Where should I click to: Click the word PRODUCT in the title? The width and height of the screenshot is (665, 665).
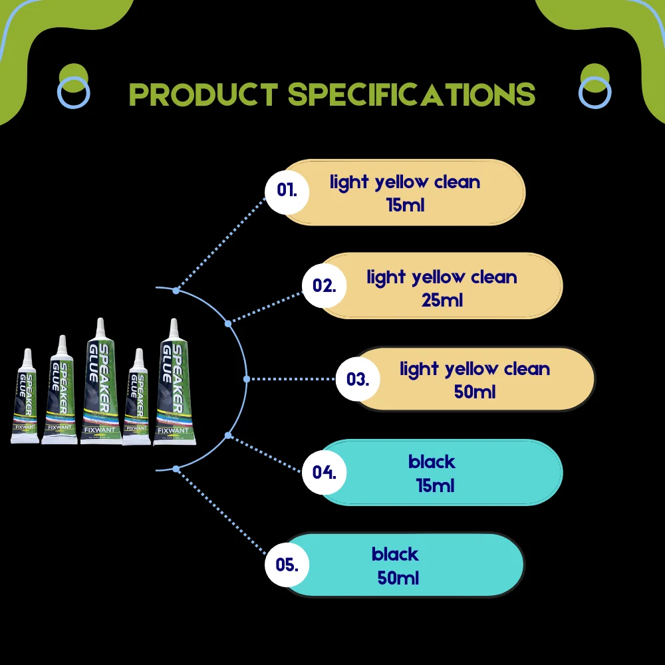203,94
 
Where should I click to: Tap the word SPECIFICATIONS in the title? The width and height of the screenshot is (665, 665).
412,94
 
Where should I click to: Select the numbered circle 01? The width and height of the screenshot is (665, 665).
287,190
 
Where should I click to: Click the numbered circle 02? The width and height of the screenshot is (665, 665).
325,286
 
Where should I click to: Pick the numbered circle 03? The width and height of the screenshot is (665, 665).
358,380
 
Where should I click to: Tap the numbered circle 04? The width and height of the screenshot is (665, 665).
325,473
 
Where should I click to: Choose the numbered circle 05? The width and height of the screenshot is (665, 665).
287,566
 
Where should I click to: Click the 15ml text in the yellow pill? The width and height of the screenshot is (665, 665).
405,205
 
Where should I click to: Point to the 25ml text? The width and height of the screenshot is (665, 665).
442,300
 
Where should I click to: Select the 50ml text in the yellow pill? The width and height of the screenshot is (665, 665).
475,392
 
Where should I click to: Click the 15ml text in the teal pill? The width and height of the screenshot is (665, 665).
435,485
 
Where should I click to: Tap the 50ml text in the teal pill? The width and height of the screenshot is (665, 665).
398,578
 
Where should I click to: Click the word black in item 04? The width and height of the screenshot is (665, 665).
432,462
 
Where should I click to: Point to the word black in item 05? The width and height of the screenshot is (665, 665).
395,554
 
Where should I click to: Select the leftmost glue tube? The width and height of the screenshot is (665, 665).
25,399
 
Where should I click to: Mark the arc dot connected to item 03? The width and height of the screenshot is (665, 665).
247,378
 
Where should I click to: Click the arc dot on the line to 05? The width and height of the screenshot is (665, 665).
176,469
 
